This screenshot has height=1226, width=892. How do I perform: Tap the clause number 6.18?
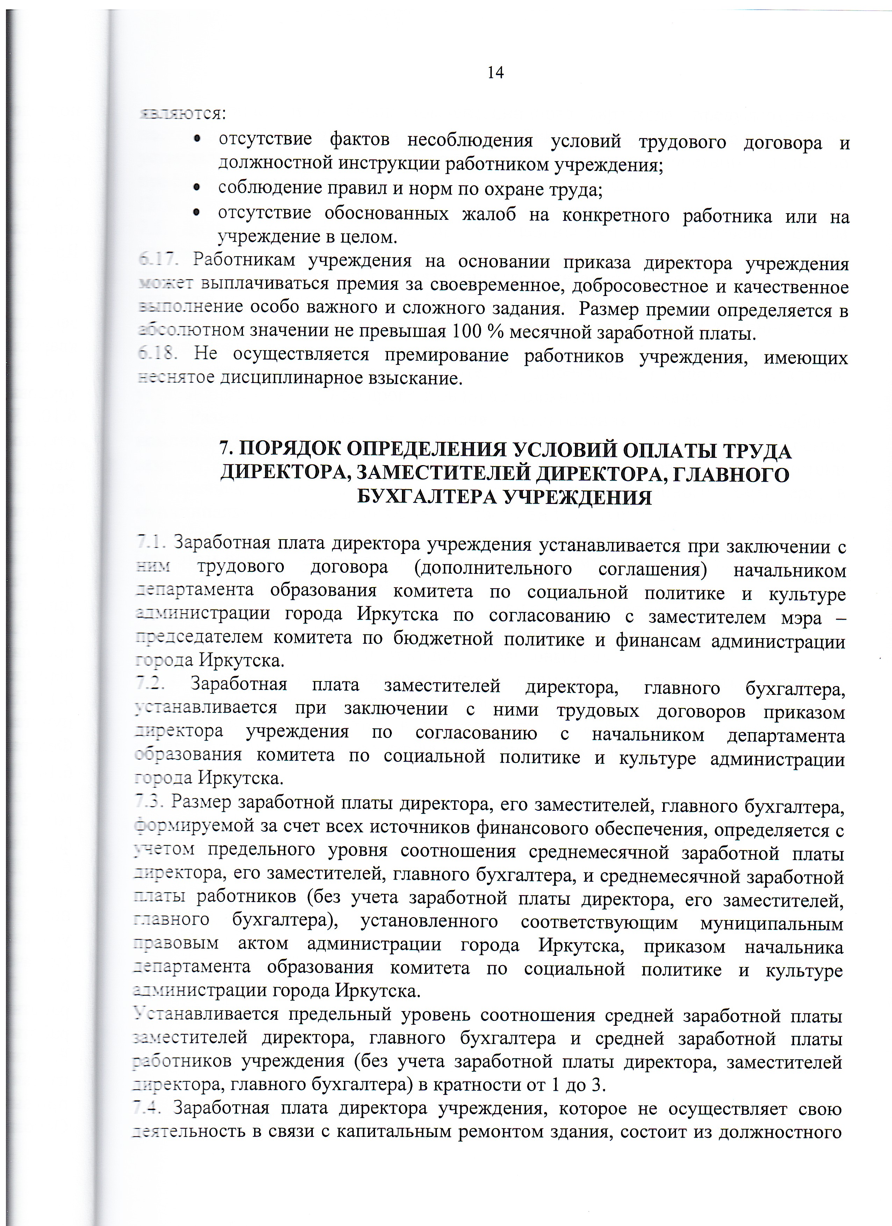point(158,355)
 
